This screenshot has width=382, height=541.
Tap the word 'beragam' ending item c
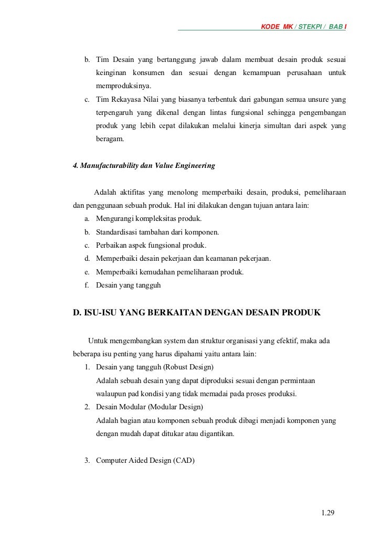click(109, 140)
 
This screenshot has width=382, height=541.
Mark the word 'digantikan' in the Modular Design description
click(215, 434)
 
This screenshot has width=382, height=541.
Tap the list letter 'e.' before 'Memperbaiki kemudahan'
click(87, 272)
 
